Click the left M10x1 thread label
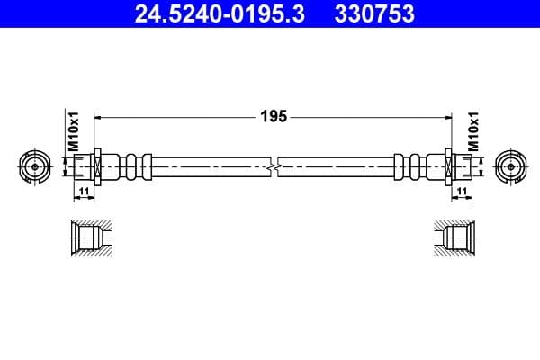tap(75, 130)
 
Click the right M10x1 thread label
tap(472, 130)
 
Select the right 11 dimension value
tap(461, 192)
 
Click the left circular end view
tap(34, 166)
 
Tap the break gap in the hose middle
tap(274, 166)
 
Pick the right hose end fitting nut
tap(457, 166)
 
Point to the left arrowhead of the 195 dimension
tap(99, 117)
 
